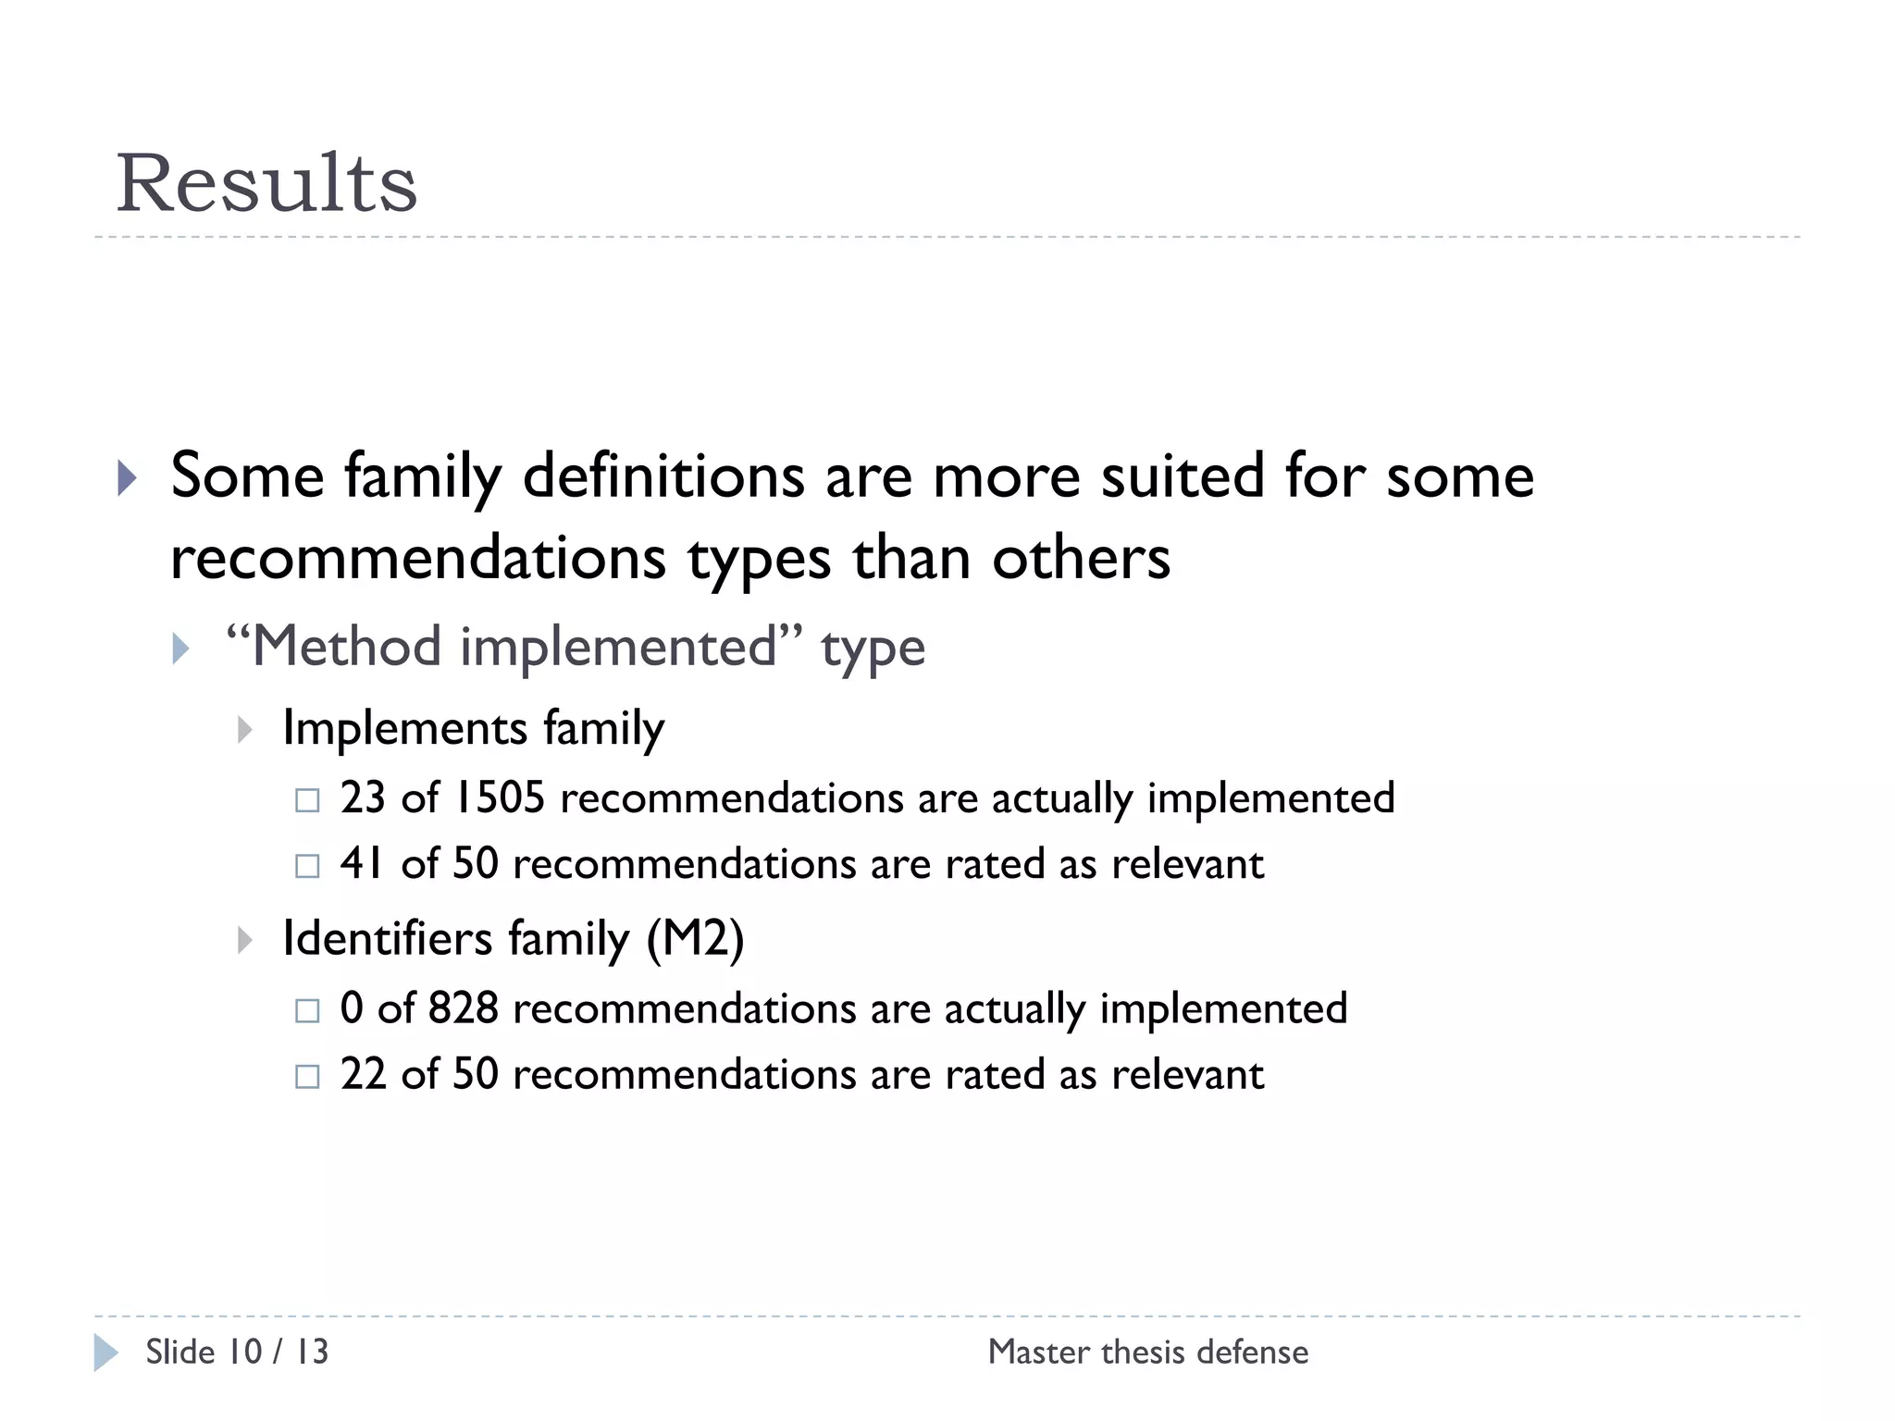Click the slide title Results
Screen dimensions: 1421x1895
266,183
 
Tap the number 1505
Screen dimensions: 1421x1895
500,797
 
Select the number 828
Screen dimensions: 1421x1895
464,1007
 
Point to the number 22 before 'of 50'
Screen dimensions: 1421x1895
363,1074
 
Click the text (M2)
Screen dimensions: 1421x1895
695,938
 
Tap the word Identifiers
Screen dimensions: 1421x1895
387,938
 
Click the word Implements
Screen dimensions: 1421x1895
405,728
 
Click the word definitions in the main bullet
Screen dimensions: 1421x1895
663,476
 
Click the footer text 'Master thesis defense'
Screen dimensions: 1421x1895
1148,1352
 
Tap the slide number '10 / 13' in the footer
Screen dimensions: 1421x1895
278,1352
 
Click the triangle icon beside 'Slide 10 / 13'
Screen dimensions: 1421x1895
105,1353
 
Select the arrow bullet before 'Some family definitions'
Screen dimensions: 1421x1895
127,478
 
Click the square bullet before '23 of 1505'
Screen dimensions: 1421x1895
307,800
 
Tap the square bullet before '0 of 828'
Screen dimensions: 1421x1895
307,1010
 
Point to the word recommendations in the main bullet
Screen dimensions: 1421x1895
418,559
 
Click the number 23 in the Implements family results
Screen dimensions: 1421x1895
363,797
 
